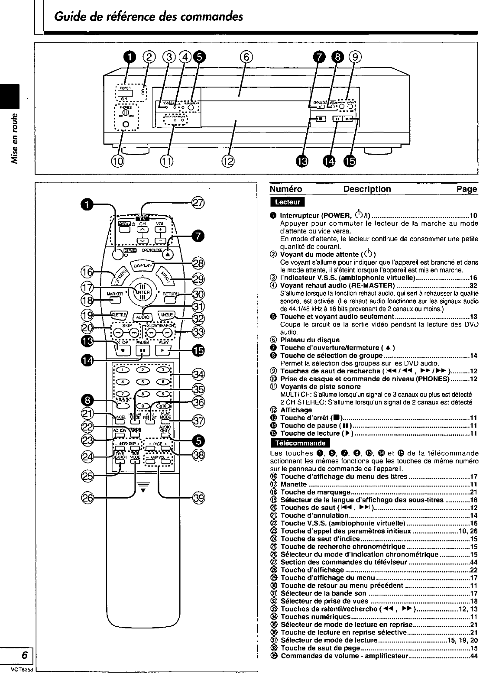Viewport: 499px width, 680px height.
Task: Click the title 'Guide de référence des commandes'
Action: tap(148, 17)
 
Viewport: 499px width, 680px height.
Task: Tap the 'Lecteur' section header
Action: tap(287, 202)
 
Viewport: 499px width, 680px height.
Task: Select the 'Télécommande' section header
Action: tap(300, 443)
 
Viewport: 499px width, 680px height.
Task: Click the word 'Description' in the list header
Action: tap(367, 189)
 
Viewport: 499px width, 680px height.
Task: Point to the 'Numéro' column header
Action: tap(286, 189)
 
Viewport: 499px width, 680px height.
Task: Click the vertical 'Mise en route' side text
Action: tap(16, 139)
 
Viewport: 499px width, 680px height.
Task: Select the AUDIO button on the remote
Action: tap(143, 317)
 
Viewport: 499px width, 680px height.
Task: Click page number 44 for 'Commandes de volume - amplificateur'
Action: tap(474, 656)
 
